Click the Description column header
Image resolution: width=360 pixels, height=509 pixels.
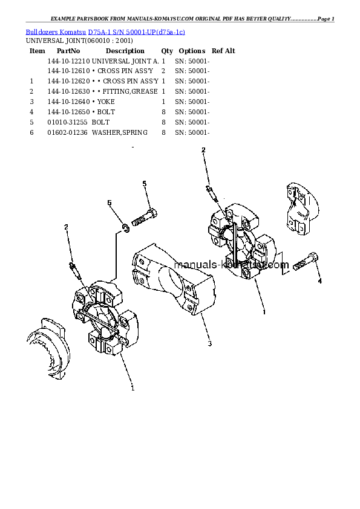(125, 51)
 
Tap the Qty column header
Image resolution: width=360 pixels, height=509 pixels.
(167, 51)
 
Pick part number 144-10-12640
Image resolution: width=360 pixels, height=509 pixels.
(68, 102)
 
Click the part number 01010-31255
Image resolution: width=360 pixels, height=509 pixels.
(68, 122)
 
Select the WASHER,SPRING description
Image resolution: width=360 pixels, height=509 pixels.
(120, 132)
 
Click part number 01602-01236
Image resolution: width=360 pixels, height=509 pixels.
(68, 132)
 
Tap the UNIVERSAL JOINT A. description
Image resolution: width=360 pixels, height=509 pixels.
(126, 61)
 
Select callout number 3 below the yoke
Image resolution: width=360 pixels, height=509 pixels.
(209, 345)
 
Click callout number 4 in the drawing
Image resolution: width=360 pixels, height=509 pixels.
(319, 281)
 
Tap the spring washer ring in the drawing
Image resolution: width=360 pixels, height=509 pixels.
(125, 227)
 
